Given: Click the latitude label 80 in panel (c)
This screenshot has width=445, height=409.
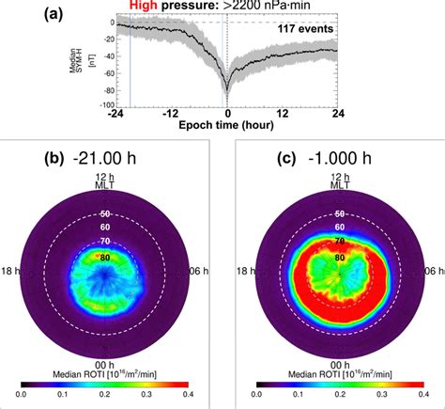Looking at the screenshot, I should (329, 258).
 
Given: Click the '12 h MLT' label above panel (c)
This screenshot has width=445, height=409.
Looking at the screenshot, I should (329, 184).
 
